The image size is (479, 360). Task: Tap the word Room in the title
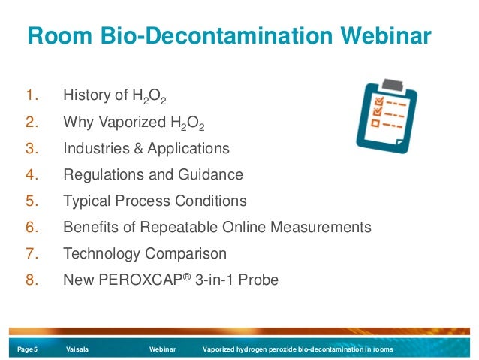coord(58,36)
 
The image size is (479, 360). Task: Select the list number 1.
coord(31,95)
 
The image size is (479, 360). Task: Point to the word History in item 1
coord(86,95)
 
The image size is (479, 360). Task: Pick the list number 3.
coord(31,148)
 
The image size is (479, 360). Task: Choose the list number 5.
coord(31,201)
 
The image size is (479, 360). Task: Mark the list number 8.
coord(31,280)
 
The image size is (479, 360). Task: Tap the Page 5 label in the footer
coord(28,350)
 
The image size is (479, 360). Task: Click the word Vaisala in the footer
coord(77,350)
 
